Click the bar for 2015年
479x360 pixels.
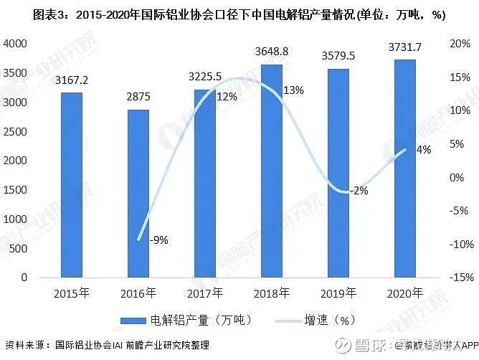coord(71,185)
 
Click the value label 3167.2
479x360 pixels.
coord(71,80)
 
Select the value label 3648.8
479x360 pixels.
coord(271,52)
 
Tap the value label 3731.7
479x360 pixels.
coord(405,47)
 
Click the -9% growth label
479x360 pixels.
coord(158,240)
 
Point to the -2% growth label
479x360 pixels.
coord(359,191)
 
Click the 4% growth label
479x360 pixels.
coord(424,150)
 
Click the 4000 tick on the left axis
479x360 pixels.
coord(16,44)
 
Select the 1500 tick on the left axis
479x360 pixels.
coord(16,190)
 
